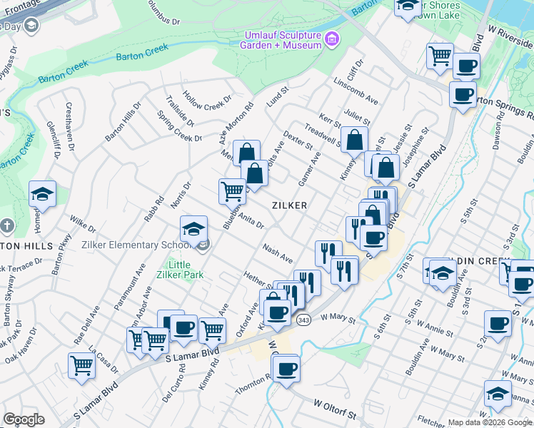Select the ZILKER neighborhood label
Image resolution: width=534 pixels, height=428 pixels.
[289, 205]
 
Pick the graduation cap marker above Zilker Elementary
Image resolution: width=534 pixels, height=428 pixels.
[193, 229]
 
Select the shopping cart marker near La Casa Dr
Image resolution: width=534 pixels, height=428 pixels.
[82, 365]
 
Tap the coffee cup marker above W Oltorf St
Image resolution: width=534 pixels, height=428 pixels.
[286, 369]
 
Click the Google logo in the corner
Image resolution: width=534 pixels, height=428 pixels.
[24, 419]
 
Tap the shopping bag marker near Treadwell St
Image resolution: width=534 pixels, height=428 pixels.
[354, 141]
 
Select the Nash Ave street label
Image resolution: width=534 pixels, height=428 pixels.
[278, 252]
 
